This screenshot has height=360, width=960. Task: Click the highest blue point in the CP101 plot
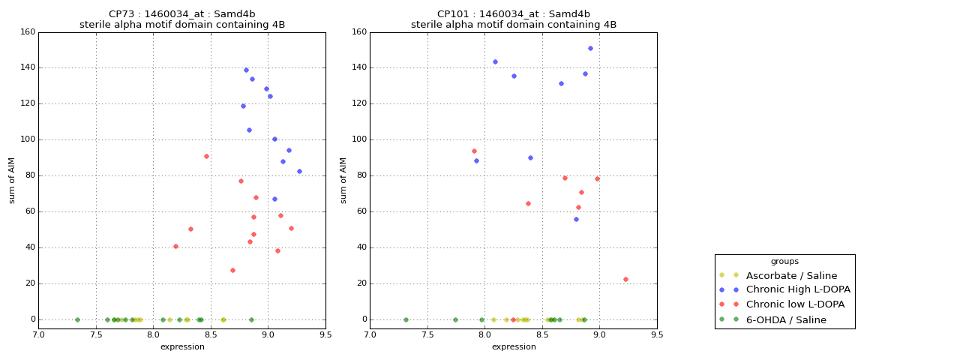tap(590, 49)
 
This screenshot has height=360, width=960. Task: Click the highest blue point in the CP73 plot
tap(246, 70)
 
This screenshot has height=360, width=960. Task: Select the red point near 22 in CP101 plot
tap(625, 280)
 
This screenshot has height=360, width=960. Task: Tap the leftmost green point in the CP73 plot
tap(77, 319)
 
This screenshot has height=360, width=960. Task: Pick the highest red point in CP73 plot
tap(206, 157)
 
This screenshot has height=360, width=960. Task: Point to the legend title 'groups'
tap(784, 262)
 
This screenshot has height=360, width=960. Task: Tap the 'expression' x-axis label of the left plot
tap(182, 346)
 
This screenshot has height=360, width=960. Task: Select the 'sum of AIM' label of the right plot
tap(343, 180)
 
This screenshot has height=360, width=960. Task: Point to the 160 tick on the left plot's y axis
tap(28, 32)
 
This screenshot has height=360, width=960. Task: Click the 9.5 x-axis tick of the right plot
tap(657, 334)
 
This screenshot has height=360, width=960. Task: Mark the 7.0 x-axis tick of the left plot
tap(39, 334)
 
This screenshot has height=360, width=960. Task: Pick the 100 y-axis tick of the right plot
tap(359, 139)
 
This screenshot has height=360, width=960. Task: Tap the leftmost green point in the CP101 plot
tap(406, 319)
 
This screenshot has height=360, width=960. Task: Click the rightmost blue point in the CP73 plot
tap(299, 172)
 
